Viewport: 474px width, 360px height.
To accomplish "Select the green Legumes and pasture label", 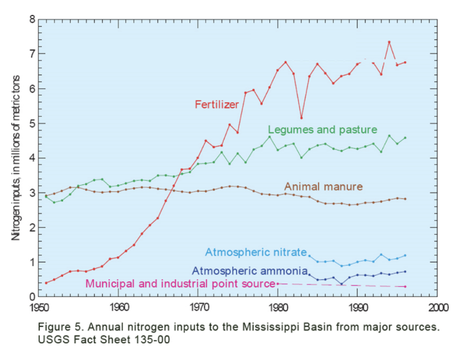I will click(x=322, y=130).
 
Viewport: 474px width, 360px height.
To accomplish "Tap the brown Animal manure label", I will click(x=323, y=186).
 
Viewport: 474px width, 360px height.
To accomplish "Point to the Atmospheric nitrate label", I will click(x=256, y=252).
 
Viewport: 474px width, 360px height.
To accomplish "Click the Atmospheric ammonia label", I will click(x=250, y=271).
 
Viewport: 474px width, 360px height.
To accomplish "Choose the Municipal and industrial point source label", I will click(x=180, y=284).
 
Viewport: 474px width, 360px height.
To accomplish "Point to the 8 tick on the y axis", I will click(x=33, y=19).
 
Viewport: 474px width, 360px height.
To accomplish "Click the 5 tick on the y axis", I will click(x=33, y=123).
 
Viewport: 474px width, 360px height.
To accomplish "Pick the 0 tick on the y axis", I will click(x=33, y=297).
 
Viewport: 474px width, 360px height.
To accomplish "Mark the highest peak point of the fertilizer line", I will click(x=389, y=42).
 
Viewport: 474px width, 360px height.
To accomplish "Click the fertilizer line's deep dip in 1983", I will click(x=301, y=118).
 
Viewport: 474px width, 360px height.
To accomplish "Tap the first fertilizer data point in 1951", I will click(x=46, y=283).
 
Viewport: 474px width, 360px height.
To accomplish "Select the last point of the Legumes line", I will click(x=405, y=138).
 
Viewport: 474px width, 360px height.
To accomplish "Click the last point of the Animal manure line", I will click(x=405, y=199).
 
